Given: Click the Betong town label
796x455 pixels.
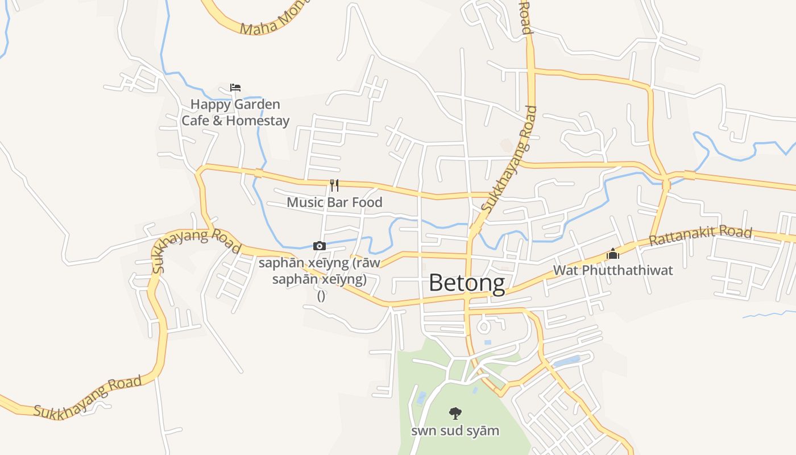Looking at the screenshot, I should [x=466, y=283].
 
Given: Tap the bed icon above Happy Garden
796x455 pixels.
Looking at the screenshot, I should [x=235, y=88].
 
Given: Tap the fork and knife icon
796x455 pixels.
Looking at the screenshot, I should [x=334, y=185].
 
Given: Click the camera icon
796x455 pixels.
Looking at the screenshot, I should [x=320, y=246].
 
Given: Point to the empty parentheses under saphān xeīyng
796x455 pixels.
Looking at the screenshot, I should [x=321, y=295].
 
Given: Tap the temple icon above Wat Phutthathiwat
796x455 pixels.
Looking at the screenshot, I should [x=612, y=254].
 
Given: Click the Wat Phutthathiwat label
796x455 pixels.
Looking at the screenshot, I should [x=613, y=270].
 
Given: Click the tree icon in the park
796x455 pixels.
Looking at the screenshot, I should [x=455, y=413].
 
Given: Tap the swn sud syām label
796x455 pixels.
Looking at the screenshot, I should [x=455, y=431].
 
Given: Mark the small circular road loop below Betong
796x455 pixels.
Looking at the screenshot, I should [x=484, y=326].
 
